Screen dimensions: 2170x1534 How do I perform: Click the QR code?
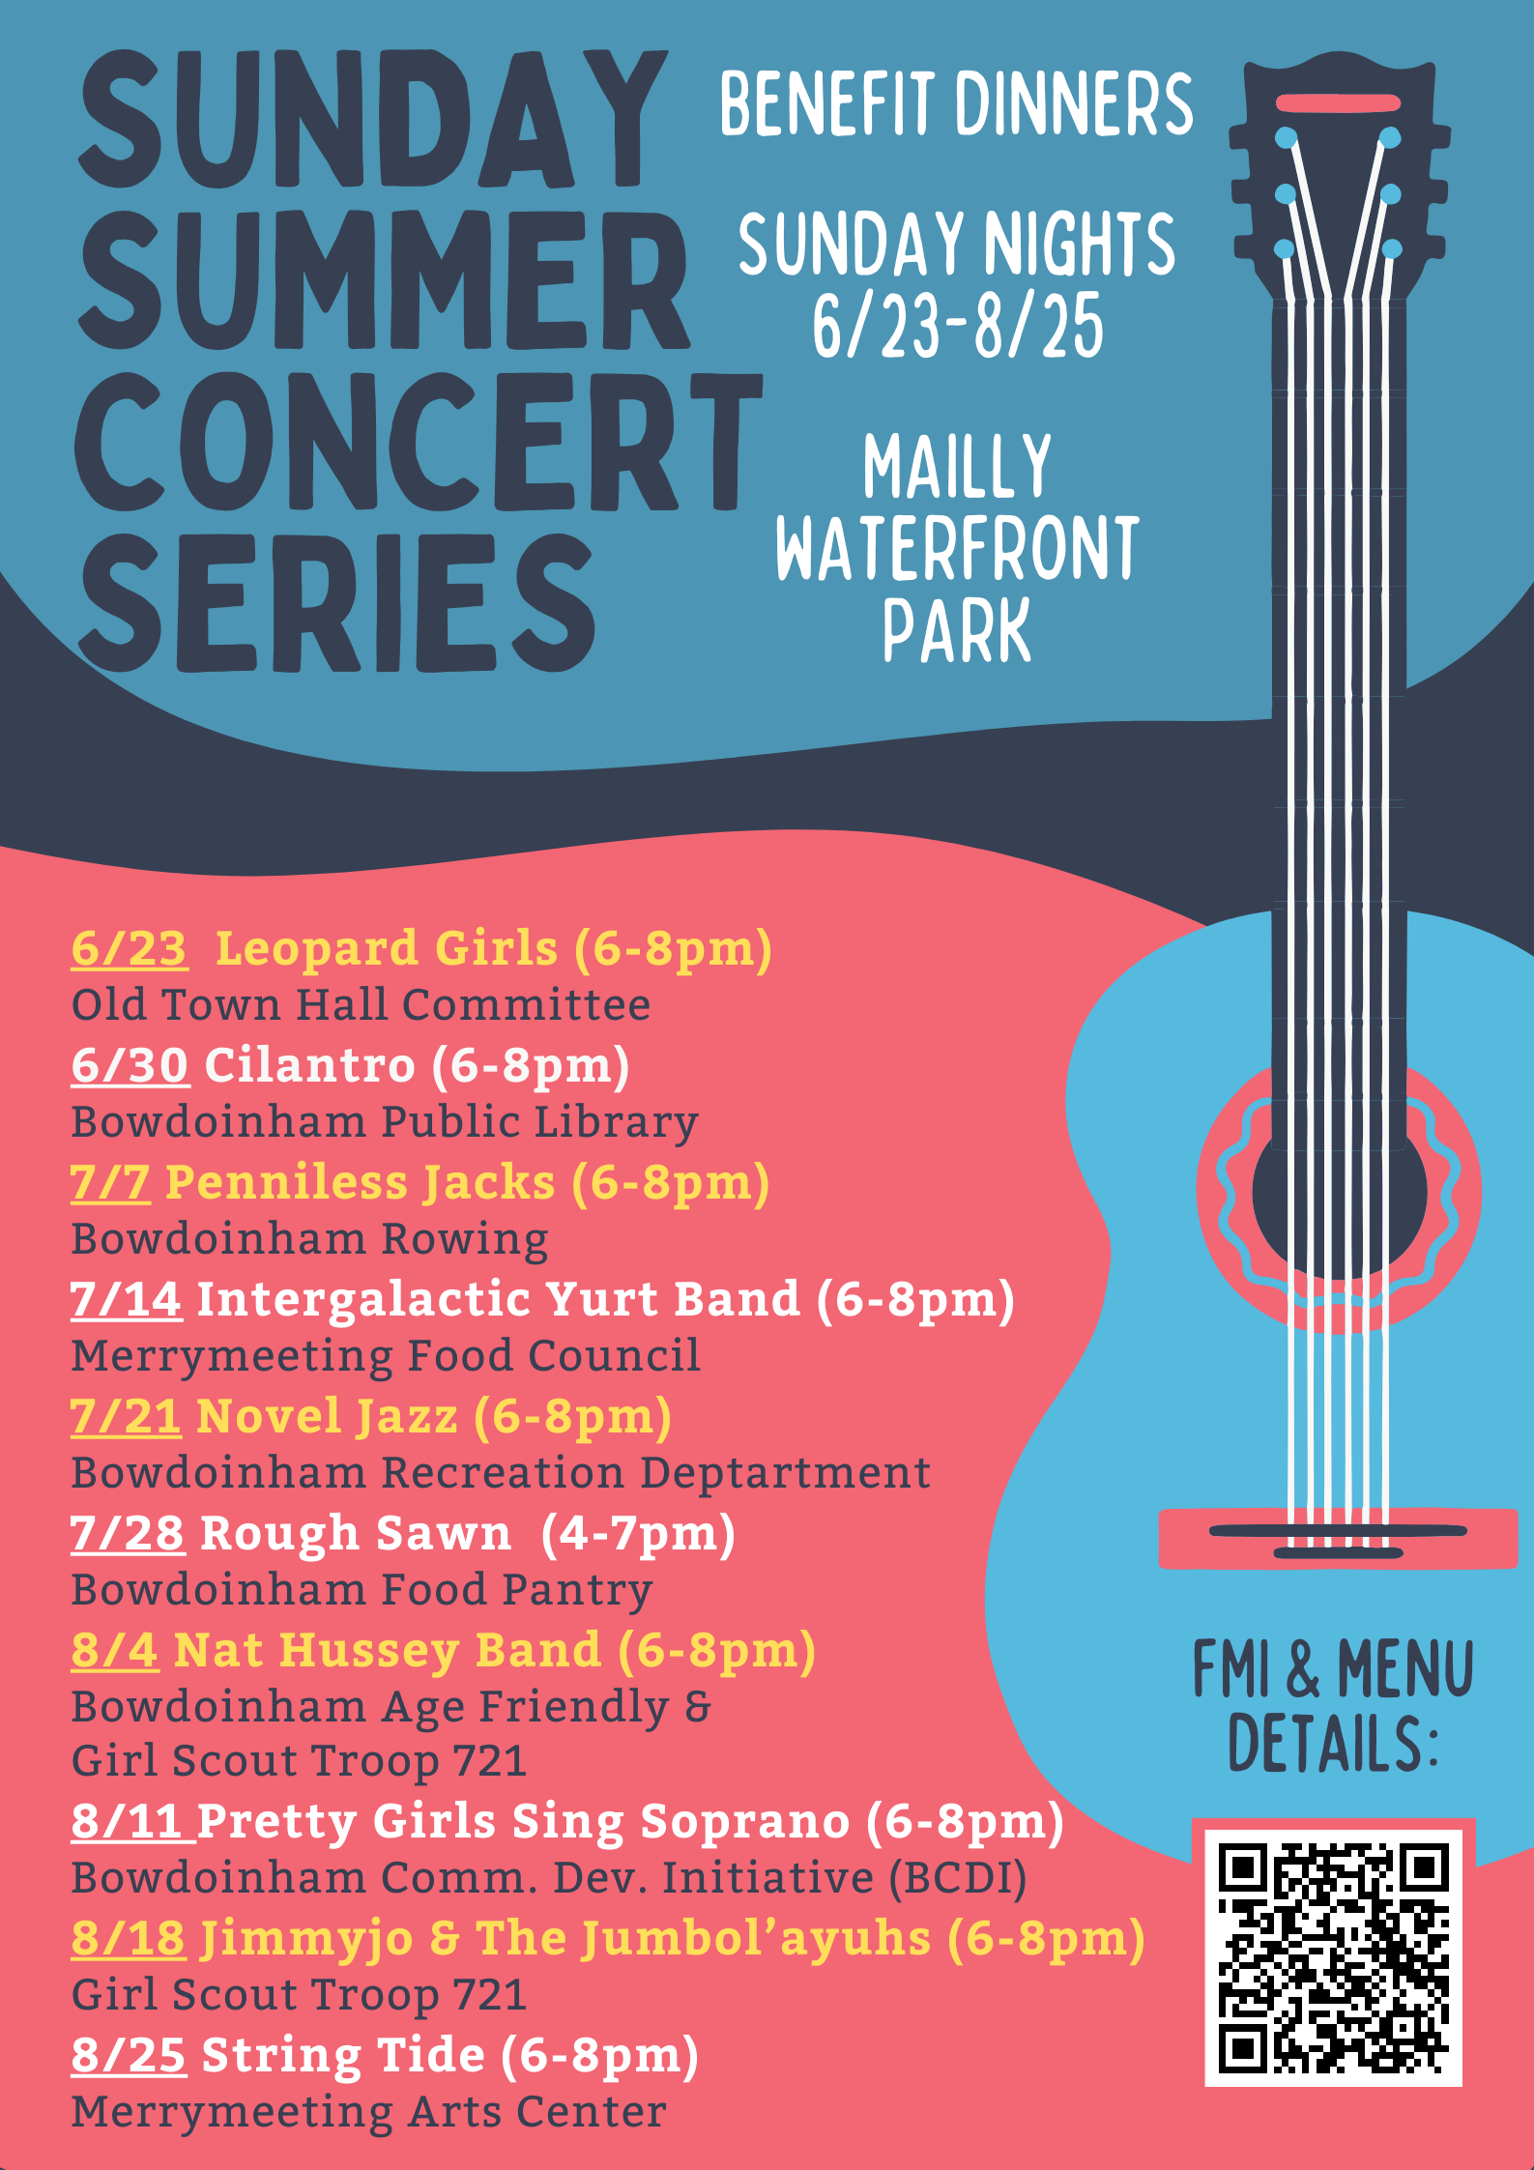[x=1333, y=1957]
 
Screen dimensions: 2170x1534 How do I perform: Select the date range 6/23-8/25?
[x=957, y=327]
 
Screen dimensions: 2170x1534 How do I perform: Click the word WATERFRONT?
[x=957, y=548]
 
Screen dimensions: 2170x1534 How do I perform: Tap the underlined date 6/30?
[x=130, y=1065]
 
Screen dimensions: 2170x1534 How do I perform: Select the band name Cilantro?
[x=309, y=1065]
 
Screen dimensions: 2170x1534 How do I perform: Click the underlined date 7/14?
[x=126, y=1299]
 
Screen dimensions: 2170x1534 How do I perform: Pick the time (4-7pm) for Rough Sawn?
[x=638, y=1534]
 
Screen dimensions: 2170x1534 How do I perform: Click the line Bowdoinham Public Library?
[x=385, y=1122]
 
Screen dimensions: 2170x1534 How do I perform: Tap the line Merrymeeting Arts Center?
[x=368, y=2112]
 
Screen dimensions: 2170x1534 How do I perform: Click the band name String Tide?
[x=343, y=2056]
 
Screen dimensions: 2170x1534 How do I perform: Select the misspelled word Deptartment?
[x=785, y=1473]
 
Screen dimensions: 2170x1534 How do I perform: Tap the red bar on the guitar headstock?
[x=1338, y=103]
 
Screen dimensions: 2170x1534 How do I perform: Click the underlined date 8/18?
[x=129, y=1939]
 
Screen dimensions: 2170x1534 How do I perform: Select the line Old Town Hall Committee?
[x=361, y=1005]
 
